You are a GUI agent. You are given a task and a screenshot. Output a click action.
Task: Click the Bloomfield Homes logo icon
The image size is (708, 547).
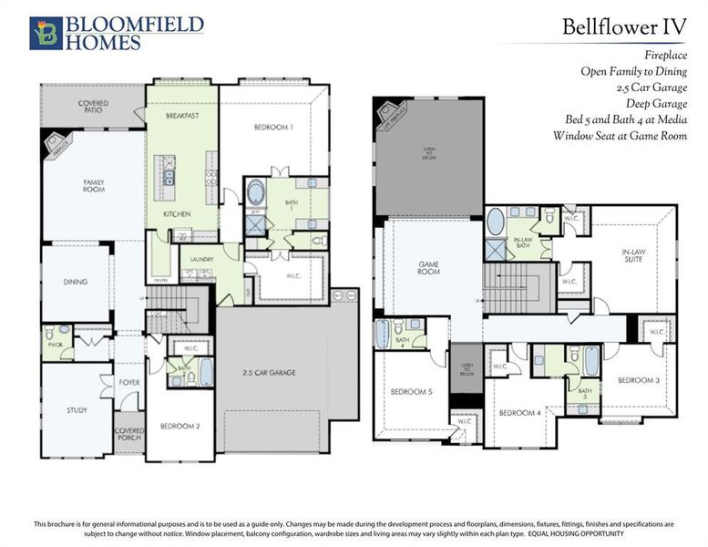tap(43, 32)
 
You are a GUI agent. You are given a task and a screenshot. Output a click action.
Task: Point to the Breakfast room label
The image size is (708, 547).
tap(182, 117)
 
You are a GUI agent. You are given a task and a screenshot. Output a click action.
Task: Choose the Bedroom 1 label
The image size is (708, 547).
tap(273, 129)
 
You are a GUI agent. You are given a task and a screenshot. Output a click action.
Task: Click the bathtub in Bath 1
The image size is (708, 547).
tap(257, 196)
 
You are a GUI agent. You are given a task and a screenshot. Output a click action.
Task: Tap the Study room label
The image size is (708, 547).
tap(77, 410)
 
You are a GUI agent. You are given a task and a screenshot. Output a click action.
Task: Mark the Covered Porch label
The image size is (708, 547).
tap(128, 436)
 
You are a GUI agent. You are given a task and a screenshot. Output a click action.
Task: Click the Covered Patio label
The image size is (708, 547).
tap(93, 107)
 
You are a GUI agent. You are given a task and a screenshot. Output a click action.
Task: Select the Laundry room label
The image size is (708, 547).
tap(201, 260)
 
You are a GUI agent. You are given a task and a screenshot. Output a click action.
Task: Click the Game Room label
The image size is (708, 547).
tap(428, 268)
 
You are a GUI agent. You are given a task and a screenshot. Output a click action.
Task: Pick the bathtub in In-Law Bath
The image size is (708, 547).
tap(495, 222)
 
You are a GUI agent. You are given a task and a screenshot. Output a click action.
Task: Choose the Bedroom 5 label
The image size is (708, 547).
tap(411, 391)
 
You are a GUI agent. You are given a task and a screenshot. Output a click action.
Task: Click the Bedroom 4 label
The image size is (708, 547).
tap(519, 413)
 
